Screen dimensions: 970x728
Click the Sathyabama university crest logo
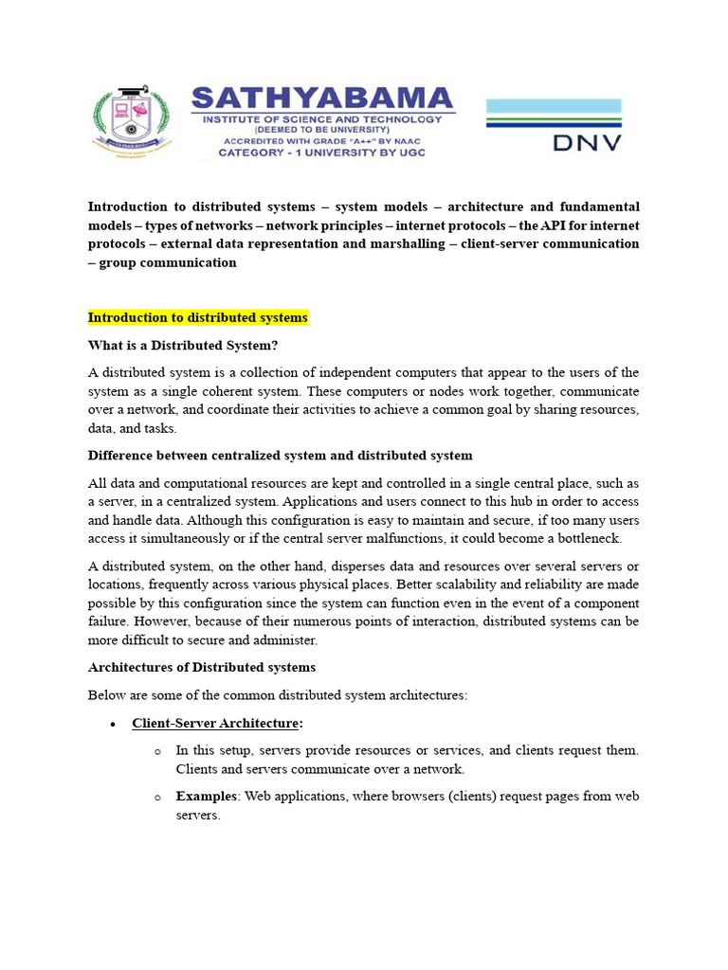pos(133,121)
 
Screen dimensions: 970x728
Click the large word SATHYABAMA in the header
pos(323,99)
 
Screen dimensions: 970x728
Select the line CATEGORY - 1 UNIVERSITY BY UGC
pos(322,153)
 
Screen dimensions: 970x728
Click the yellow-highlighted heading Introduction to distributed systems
pos(198,317)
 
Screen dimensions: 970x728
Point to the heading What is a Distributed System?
pos(184,345)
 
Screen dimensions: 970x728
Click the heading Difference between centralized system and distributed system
pos(280,456)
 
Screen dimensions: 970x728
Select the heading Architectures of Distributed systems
pos(201,668)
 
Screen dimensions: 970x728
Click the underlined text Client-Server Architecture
pos(215,724)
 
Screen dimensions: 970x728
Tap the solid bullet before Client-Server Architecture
pos(113,725)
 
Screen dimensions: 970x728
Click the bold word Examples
pos(207,797)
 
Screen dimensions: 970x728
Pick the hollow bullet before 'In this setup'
pos(157,751)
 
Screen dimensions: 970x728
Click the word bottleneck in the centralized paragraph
pos(588,539)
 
